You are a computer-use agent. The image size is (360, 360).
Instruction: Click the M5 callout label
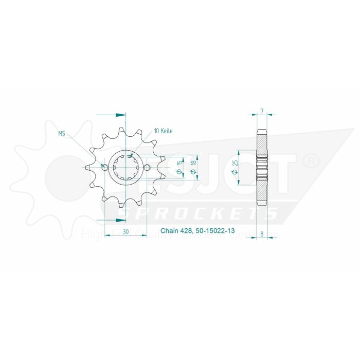coord(61,134)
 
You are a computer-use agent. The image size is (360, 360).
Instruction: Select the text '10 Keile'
coord(163,131)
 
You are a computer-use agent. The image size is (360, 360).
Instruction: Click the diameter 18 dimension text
coord(193,167)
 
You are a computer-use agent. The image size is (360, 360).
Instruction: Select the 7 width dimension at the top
coord(262,111)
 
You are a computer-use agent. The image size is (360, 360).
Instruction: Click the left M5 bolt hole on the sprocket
coord(105,167)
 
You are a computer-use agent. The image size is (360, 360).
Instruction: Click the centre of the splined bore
coord(126,167)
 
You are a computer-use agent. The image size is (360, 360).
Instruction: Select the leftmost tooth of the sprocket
coord(87,167)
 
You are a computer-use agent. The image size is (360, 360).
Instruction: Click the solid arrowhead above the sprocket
coord(121,114)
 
